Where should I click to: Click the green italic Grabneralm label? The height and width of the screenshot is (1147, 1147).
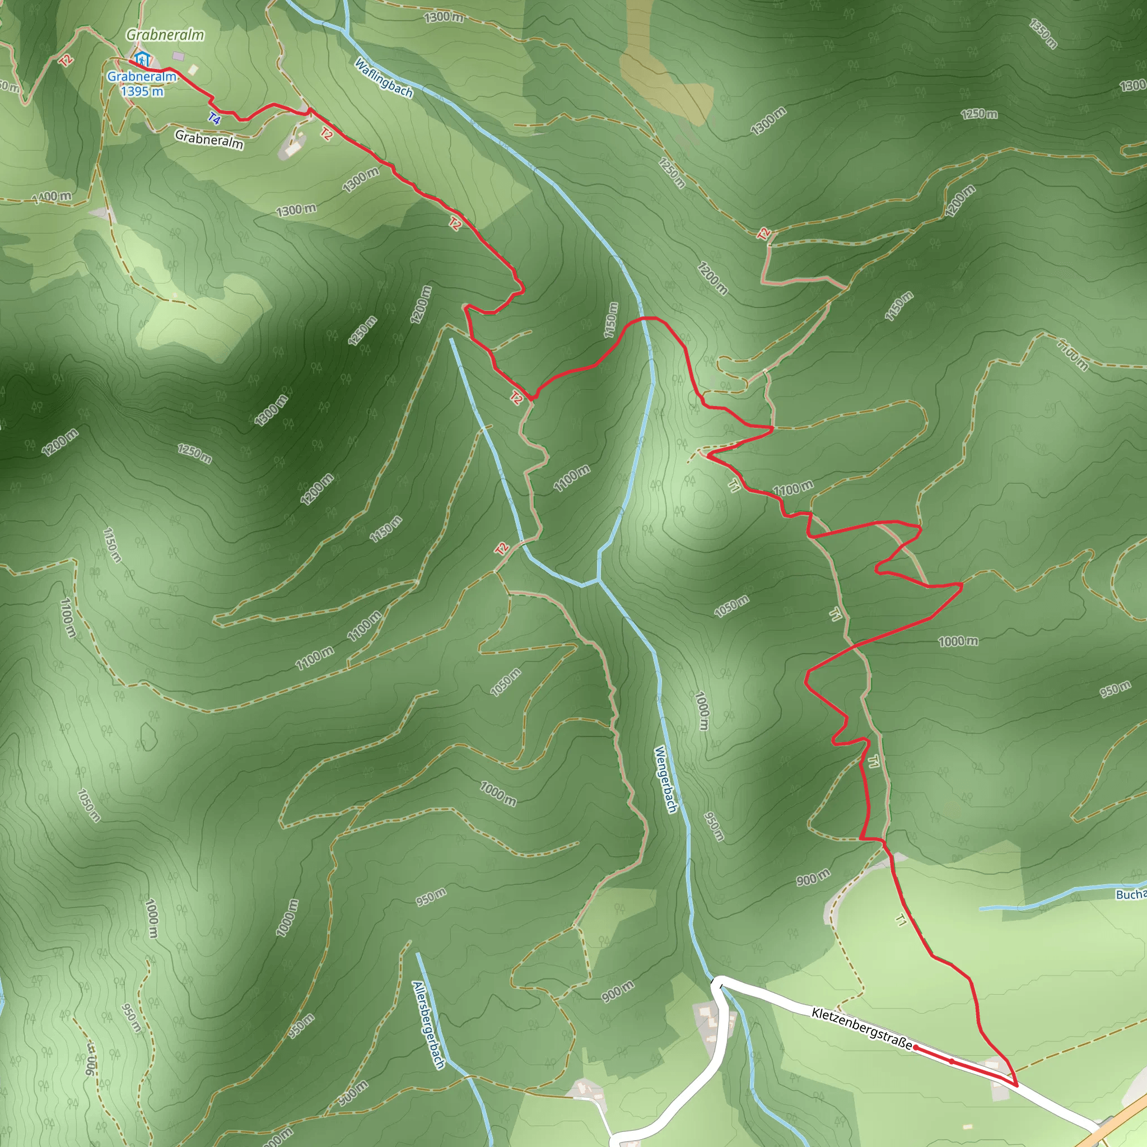[165, 35]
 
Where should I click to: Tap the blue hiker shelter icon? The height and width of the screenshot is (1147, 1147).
[141, 59]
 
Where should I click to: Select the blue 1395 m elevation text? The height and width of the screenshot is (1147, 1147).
[142, 91]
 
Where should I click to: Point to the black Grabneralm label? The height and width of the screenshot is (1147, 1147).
[209, 140]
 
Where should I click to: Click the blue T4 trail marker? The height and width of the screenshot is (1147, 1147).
[215, 119]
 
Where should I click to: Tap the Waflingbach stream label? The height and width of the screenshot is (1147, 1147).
[384, 78]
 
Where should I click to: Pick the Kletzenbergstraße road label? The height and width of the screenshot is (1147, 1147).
[861, 1028]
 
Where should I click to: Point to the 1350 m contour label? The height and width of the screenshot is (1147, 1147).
[1043, 34]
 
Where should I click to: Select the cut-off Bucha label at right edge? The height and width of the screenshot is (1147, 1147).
[1130, 894]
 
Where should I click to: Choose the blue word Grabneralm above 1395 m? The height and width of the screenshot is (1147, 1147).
[142, 77]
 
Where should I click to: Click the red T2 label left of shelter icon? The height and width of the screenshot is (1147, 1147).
[66, 59]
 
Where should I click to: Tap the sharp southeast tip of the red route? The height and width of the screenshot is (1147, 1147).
[1017, 1086]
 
